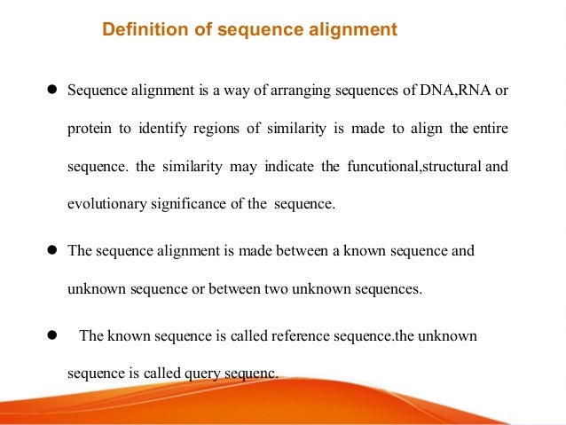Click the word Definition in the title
[x=138, y=30]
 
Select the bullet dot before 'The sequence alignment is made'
[x=52, y=250]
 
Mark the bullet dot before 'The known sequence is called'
[x=52, y=336]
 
